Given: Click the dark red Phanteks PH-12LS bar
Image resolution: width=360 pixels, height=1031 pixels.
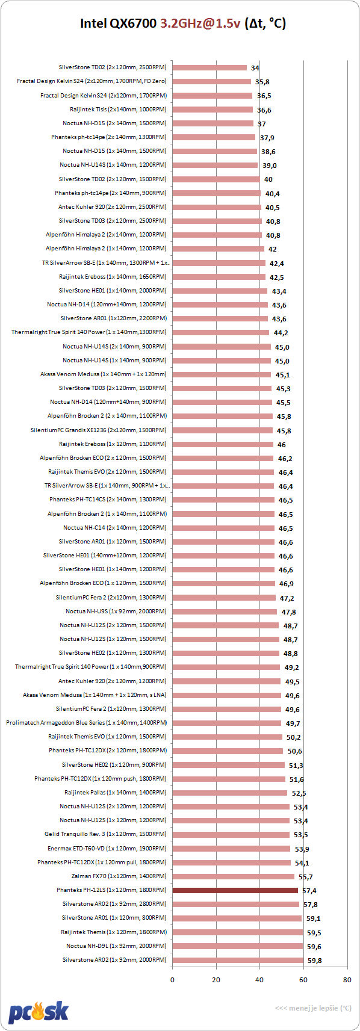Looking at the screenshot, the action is tap(235, 890).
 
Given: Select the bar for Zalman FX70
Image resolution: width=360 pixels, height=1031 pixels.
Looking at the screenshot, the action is tap(234, 876).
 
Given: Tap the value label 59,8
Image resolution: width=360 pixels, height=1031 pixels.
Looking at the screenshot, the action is tap(314, 961).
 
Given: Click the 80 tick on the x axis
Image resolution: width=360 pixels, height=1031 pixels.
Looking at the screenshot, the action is tap(347, 979).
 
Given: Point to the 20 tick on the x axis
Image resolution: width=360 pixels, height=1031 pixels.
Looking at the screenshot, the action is tap(216, 979).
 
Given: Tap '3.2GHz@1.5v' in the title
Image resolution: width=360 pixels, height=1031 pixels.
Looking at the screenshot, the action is tap(200, 23).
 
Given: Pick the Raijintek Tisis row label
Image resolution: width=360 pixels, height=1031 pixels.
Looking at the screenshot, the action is tap(119, 110).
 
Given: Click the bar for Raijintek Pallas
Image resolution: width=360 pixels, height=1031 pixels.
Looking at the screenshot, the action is tap(230, 793).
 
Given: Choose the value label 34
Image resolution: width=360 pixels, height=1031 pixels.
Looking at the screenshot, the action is tap(255, 68).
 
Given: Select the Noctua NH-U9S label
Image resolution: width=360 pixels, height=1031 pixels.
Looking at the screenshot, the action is tap(116, 611).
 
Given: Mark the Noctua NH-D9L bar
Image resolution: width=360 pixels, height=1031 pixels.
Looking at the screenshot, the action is tap(238, 946).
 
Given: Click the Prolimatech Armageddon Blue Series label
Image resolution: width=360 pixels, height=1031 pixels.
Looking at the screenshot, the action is tap(87, 723).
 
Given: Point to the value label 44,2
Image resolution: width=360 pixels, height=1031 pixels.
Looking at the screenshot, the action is tap(281, 333).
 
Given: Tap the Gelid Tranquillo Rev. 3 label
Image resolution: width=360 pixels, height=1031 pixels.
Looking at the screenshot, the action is tap(106, 834).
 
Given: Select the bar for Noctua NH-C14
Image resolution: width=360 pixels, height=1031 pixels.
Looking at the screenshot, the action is tap(223, 528).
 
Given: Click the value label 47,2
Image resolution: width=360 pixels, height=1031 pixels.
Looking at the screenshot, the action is tap(287, 598).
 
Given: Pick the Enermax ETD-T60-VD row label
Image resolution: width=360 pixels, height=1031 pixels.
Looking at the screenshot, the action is tap(107, 848).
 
